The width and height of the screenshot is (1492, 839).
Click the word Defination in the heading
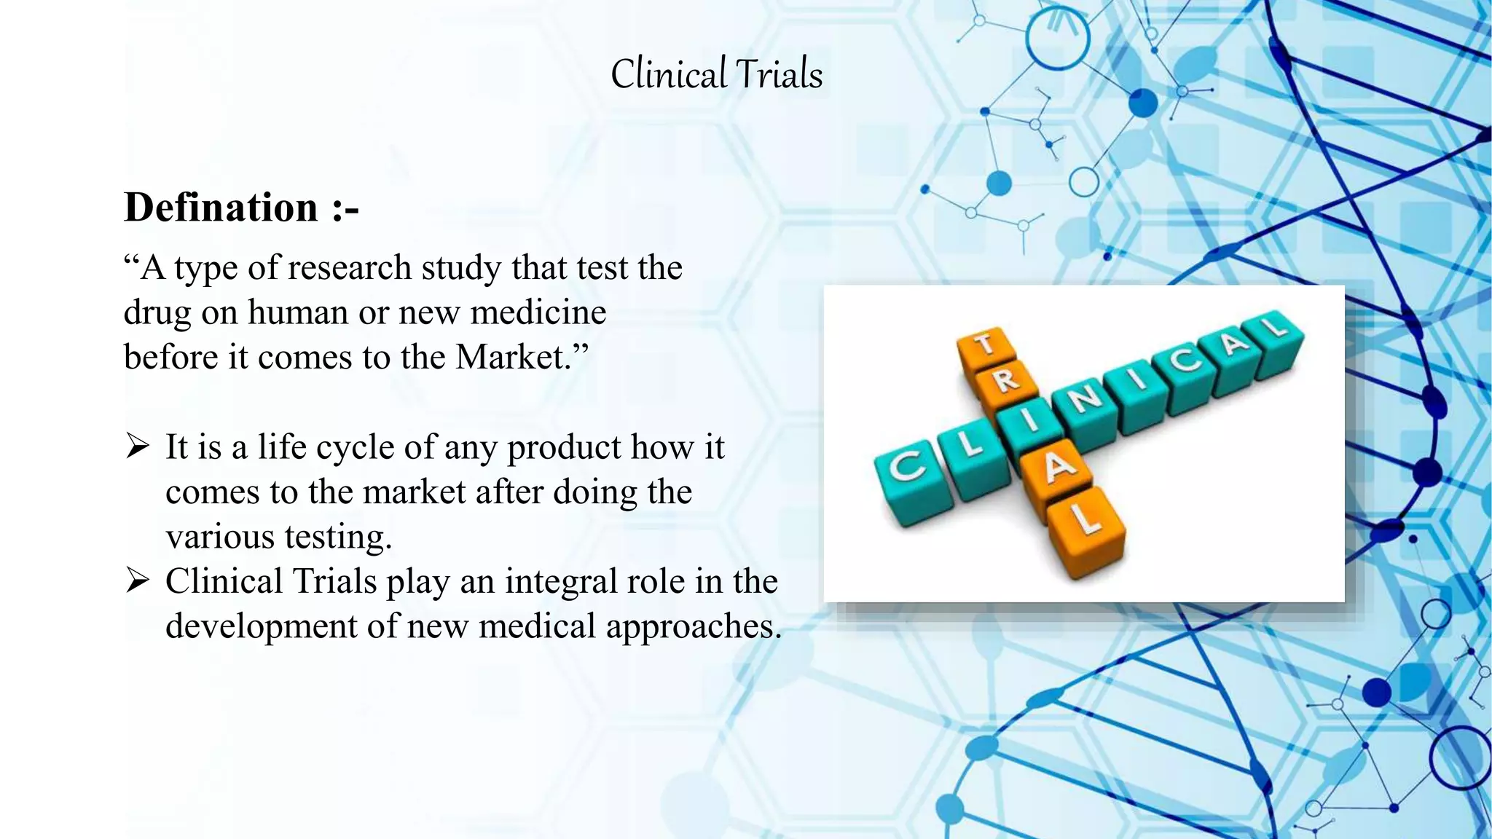(221, 208)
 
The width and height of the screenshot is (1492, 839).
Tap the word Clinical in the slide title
(669, 74)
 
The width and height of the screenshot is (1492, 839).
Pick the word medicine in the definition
(538, 312)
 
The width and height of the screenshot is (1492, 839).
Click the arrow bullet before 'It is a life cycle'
(137, 446)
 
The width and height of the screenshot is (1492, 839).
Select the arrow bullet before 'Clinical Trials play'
(137, 581)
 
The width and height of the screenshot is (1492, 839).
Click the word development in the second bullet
(261, 626)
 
